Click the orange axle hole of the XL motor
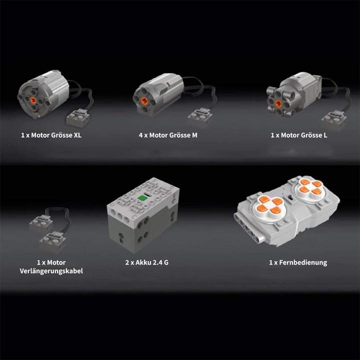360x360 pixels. pos(33,100)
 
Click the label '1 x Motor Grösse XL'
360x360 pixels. pos(51,135)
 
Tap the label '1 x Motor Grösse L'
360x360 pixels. pos(299,135)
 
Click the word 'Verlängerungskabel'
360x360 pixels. pos(51,271)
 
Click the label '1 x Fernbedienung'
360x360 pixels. pos(297,262)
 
